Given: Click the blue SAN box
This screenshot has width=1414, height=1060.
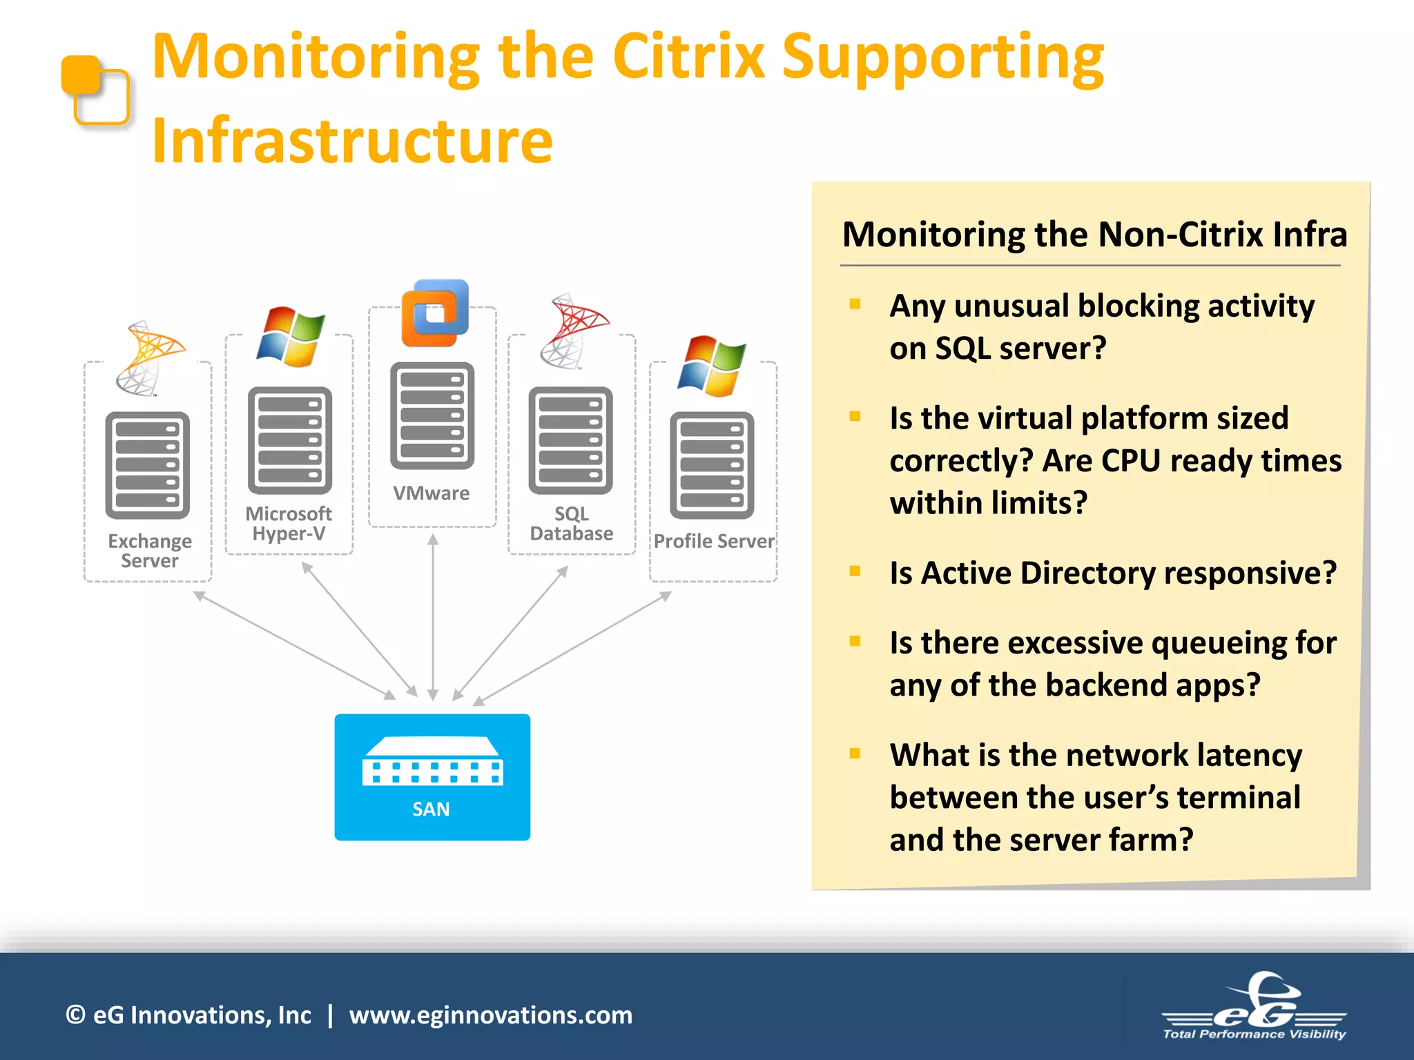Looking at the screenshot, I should (x=432, y=776).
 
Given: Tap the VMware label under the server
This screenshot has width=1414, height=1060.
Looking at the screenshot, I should (x=432, y=493).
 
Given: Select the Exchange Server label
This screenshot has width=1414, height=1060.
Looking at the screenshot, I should (x=150, y=551).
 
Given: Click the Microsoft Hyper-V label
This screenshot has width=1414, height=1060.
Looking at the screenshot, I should (x=289, y=524).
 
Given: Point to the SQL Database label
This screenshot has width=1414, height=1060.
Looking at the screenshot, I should (x=572, y=524).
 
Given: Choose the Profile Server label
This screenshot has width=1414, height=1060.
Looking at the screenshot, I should (x=714, y=541).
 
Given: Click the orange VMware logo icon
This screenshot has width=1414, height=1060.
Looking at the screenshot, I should (x=435, y=313).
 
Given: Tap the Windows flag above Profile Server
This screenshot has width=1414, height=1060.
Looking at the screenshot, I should (x=712, y=366).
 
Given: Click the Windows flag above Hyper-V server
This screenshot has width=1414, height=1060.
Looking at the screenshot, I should (x=291, y=337).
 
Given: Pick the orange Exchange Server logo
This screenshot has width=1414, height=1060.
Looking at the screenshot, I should (x=149, y=357).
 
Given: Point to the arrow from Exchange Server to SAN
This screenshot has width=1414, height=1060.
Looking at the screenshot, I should (x=293, y=645).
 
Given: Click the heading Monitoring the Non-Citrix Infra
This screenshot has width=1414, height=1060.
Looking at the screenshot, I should (x=1094, y=234).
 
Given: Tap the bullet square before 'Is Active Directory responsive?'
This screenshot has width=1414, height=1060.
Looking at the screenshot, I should (x=855, y=571).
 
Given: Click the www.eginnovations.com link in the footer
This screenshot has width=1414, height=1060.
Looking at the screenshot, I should (x=491, y=1015).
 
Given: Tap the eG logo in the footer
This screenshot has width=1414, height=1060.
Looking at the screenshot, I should (x=1255, y=1008).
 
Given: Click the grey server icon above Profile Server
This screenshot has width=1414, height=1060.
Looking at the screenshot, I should (x=712, y=465).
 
